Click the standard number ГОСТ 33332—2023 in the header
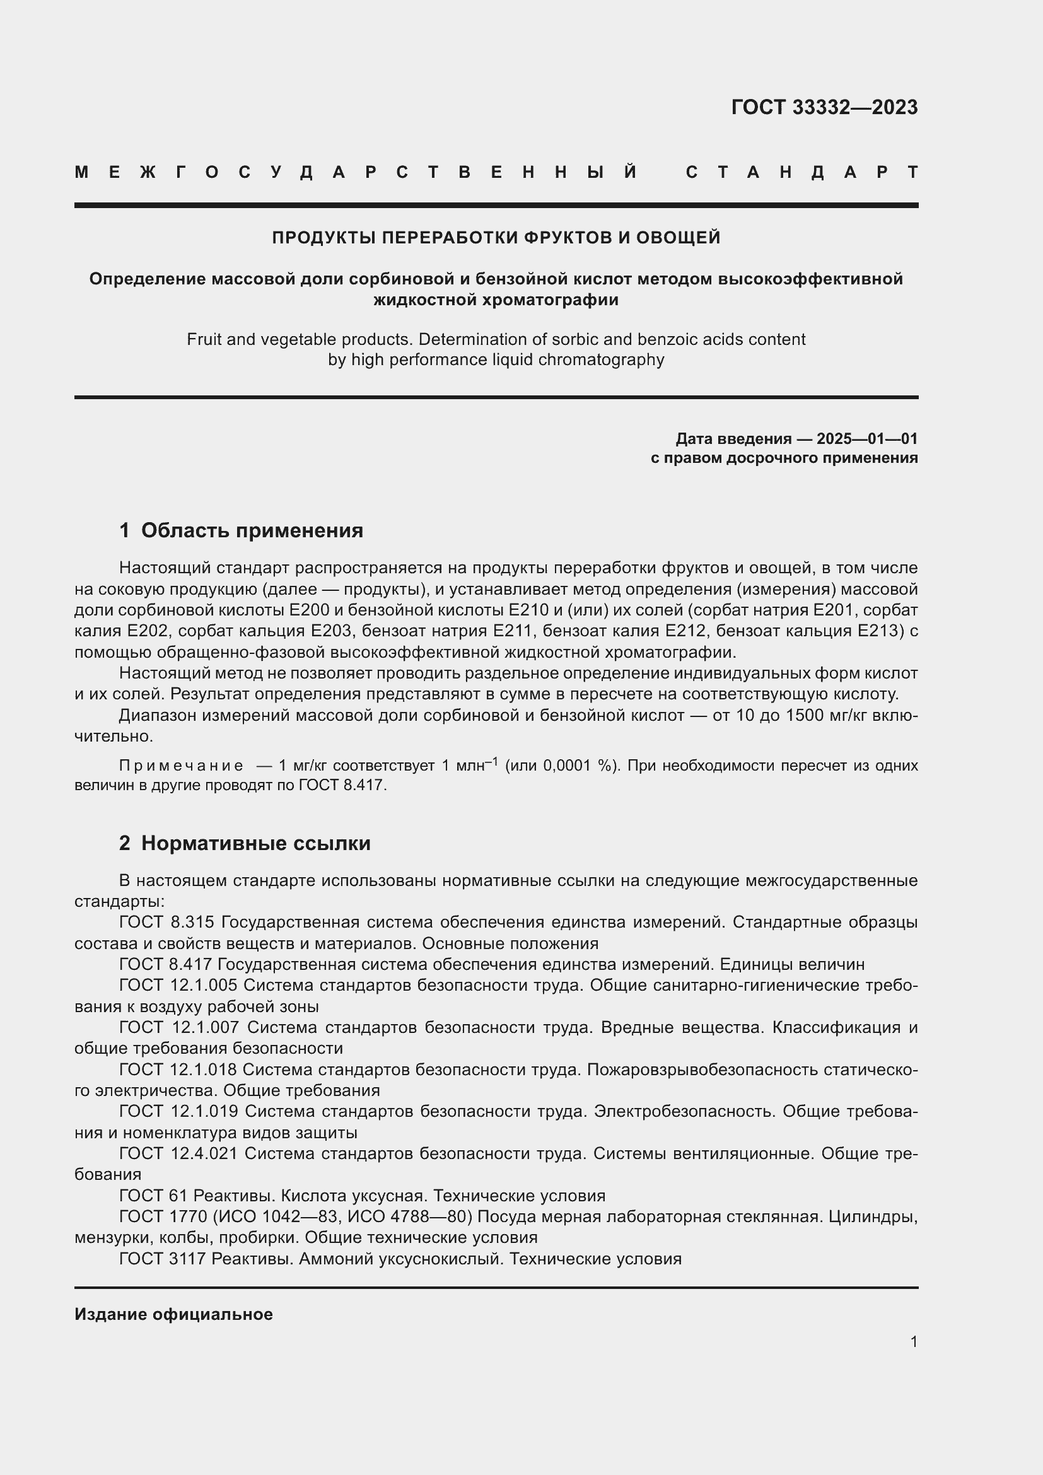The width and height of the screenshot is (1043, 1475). (824, 107)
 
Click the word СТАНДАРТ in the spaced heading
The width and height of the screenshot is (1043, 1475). (801, 172)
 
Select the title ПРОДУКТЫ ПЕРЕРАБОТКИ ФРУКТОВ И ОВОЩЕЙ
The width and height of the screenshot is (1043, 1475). (496, 238)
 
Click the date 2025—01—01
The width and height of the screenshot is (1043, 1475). (866, 439)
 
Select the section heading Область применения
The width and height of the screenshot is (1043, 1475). (252, 530)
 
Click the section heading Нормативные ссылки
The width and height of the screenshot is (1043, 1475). (255, 844)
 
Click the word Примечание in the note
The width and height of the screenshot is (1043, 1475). (181, 766)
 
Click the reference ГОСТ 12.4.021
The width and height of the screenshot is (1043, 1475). (178, 1154)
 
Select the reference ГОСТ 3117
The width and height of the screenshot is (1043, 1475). (162, 1259)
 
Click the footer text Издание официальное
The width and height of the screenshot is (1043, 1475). (173, 1314)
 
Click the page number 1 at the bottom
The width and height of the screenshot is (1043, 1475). (913, 1341)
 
